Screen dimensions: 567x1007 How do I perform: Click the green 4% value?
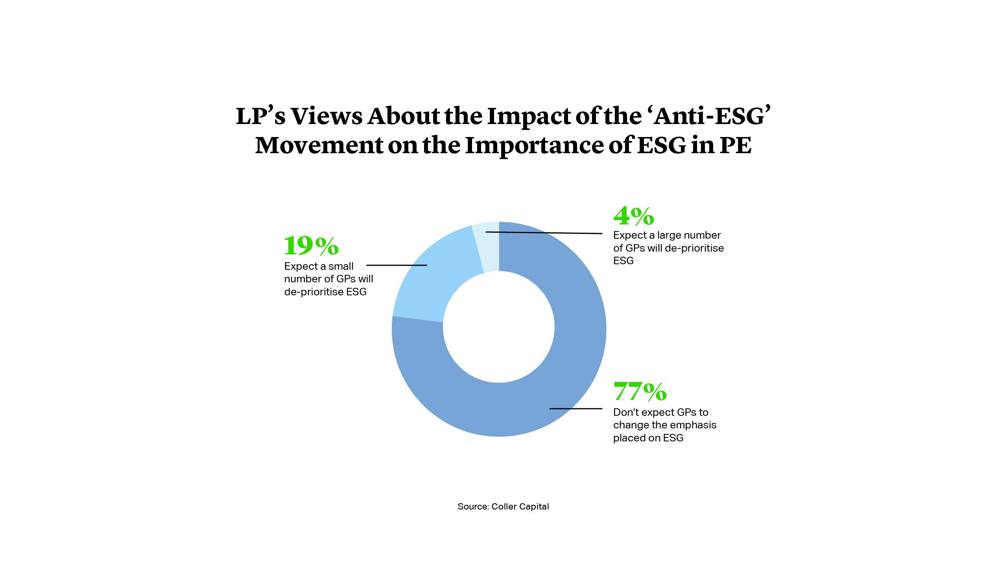[x=633, y=216]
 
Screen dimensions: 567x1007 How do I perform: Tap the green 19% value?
[x=311, y=246]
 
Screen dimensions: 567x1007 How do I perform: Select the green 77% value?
[x=640, y=391]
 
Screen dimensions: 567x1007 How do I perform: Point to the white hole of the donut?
[x=499, y=327]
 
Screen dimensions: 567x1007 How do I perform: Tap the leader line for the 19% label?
[x=397, y=265]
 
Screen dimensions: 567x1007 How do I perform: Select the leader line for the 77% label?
[x=576, y=409]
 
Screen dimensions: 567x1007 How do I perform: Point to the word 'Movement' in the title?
[x=319, y=145]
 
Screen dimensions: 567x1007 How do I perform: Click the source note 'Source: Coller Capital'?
[x=503, y=506]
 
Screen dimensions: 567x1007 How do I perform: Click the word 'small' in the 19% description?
[x=341, y=266]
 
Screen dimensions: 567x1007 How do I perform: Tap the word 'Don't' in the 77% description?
[x=624, y=412]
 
